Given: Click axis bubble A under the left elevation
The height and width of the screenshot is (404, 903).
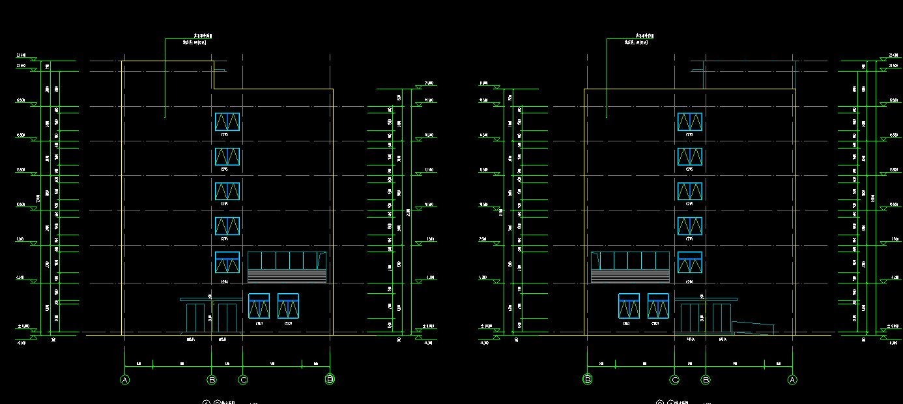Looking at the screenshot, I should [125, 380].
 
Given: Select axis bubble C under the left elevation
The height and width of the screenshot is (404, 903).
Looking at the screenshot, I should [243, 380].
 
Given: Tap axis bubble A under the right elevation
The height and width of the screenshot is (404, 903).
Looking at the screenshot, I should [792, 380].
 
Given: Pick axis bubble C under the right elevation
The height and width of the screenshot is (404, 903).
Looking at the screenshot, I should [675, 380].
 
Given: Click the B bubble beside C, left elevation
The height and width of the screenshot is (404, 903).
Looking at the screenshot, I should [212, 380].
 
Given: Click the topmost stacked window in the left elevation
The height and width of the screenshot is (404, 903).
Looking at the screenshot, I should [227, 122].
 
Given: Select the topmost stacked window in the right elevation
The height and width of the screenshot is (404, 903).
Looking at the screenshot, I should [690, 122].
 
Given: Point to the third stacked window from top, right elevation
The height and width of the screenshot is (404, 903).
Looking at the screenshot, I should [690, 191].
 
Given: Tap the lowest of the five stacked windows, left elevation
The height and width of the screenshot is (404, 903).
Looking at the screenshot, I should [227, 262].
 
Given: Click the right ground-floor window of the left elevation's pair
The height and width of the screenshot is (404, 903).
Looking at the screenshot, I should [288, 306].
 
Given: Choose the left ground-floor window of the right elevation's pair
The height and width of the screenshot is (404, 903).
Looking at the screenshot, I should [629, 306].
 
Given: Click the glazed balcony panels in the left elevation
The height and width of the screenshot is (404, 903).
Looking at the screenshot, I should [287, 261].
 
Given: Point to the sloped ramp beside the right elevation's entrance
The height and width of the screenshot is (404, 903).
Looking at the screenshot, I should [752, 328].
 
